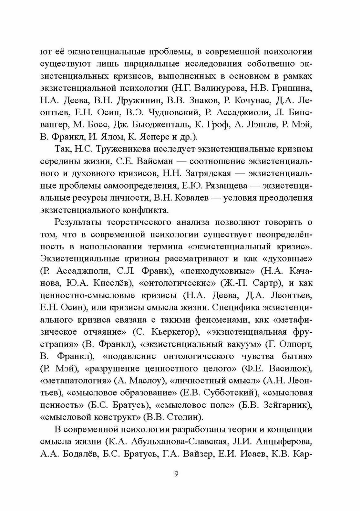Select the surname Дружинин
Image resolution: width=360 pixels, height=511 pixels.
[135, 100]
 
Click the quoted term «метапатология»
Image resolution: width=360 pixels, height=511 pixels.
[76, 381]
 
